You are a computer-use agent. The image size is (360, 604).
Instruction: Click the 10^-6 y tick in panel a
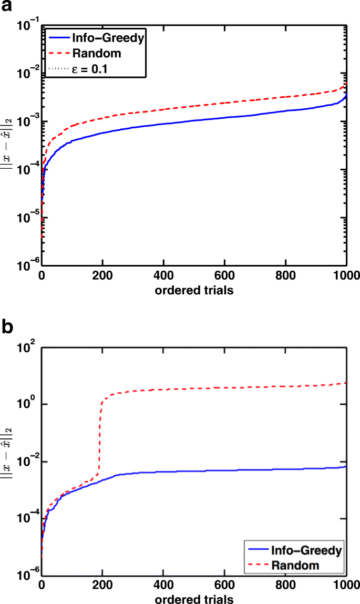click(x=27, y=267)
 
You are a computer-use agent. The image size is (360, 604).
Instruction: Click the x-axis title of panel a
click(x=194, y=289)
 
